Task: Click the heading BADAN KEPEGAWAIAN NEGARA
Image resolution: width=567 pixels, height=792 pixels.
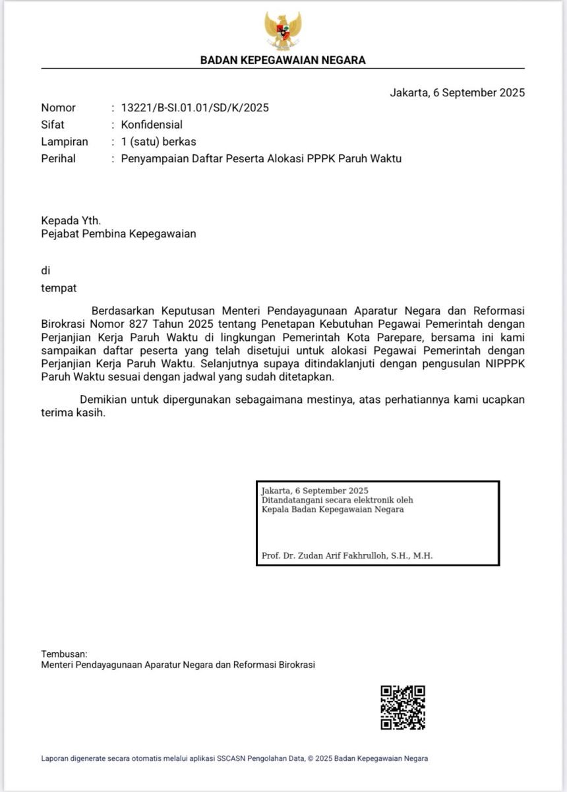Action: click(283, 60)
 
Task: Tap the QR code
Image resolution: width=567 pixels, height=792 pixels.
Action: click(402, 708)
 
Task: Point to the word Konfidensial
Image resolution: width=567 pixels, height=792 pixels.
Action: click(152, 125)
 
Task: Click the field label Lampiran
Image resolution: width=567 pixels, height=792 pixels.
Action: click(65, 142)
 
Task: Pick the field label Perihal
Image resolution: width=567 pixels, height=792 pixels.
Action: click(59, 158)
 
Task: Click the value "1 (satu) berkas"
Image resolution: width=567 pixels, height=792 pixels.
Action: click(158, 142)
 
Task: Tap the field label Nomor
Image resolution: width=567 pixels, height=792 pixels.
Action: click(59, 107)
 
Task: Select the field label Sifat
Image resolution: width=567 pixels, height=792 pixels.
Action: click(53, 125)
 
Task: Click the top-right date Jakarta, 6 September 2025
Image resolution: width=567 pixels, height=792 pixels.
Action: click(458, 92)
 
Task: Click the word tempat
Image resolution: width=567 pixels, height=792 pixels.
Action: click(59, 288)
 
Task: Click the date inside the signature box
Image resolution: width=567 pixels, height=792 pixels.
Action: click(314, 491)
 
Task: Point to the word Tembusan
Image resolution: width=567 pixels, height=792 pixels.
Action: click(64, 654)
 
